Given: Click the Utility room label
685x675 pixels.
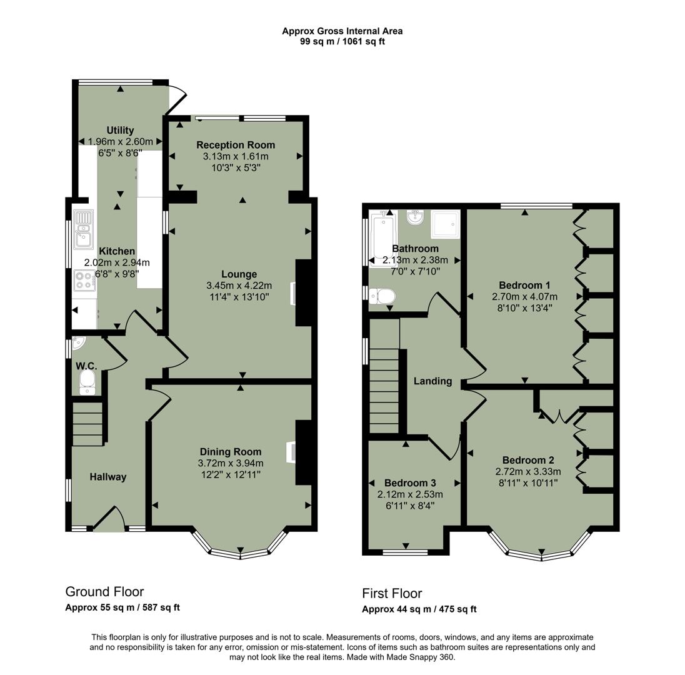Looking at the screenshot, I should [120, 130].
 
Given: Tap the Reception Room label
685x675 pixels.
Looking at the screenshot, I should [236, 145].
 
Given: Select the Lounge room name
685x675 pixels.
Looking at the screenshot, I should [239, 274].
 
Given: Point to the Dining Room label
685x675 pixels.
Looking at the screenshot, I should [231, 451].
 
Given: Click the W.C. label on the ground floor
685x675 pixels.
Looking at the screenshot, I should [86, 365].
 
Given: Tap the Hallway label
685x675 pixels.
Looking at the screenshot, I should [107, 477].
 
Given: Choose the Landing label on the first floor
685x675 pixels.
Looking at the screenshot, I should [432, 381].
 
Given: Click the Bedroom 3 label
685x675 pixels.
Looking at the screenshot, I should [410, 482].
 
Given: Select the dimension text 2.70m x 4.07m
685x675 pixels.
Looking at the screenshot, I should [525, 297].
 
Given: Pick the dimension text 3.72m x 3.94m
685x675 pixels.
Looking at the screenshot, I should [231, 463].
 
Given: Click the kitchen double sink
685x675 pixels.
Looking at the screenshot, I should [83, 229].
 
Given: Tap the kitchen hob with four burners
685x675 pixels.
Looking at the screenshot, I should [84, 281].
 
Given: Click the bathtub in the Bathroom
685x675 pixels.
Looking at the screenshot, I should [382, 240].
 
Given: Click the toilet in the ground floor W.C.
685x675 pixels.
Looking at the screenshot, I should [87, 381].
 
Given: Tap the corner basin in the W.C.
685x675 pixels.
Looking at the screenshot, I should [77, 342].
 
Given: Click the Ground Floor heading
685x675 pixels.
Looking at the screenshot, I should [104, 591].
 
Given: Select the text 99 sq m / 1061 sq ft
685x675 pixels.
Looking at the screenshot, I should [342, 42].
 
